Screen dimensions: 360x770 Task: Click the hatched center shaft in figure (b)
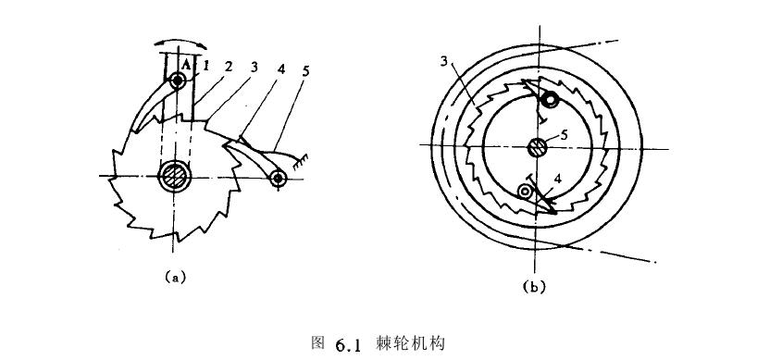[535, 147]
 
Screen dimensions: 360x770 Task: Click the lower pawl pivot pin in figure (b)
[525, 192]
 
